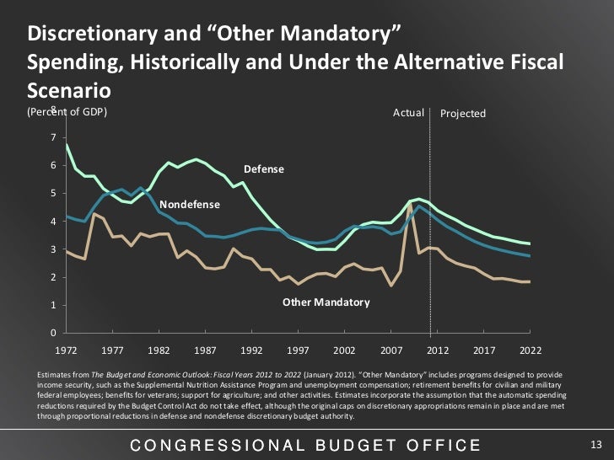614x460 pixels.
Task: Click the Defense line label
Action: (x=264, y=170)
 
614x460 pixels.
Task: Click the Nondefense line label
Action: (x=190, y=205)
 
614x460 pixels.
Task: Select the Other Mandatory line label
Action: (x=326, y=302)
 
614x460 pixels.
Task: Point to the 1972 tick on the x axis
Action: (x=66, y=348)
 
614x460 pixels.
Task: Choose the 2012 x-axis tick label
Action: (x=436, y=348)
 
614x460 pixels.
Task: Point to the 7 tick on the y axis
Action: (x=53, y=138)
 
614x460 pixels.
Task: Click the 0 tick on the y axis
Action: (x=53, y=334)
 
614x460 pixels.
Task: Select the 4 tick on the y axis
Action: (x=53, y=222)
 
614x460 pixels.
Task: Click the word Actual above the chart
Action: (x=408, y=113)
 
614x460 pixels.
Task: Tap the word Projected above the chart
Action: (x=463, y=114)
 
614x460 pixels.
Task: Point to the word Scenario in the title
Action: (x=70, y=89)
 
